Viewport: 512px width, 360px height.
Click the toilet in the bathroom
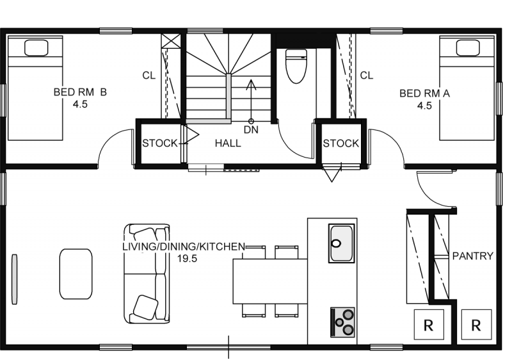point(296,66)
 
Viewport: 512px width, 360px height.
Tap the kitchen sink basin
point(342,243)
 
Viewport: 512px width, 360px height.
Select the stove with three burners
point(343,322)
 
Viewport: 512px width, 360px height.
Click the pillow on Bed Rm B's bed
point(36,48)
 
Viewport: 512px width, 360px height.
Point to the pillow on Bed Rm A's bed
point(468,48)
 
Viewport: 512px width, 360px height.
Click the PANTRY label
point(472,256)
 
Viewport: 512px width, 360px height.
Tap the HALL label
point(228,143)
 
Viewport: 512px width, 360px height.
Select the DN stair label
point(251,129)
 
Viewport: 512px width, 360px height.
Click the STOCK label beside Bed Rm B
point(160,143)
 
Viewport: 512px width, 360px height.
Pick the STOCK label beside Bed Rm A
point(341,143)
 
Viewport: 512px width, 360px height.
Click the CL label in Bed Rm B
point(149,76)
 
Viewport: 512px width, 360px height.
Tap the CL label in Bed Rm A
point(366,76)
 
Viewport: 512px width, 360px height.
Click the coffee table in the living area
point(76,274)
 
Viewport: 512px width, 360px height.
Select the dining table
point(270,281)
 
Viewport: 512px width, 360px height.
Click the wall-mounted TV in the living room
point(14,279)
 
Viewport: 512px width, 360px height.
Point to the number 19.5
point(188,259)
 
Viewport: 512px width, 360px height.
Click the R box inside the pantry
point(476,325)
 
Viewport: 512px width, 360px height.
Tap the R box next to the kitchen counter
point(429,325)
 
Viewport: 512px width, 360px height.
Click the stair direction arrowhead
point(251,85)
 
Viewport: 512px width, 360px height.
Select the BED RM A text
point(424,94)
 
